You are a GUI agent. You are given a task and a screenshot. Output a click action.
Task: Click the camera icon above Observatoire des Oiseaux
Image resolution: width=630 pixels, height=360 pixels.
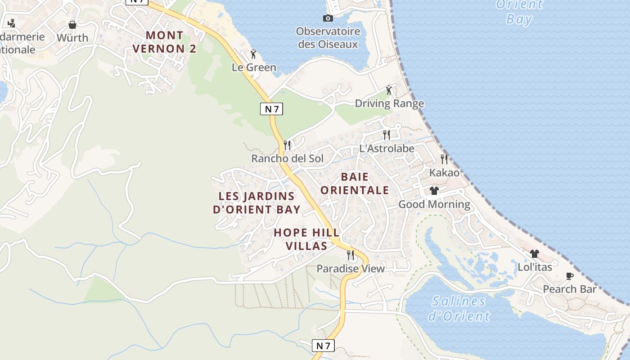coord(328,18)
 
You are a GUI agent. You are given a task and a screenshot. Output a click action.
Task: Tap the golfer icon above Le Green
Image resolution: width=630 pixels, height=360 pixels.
coord(253,54)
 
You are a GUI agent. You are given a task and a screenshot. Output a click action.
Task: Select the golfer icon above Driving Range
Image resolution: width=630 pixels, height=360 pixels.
coord(389,90)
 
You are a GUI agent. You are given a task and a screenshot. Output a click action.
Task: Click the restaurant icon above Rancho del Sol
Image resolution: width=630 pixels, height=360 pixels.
coord(287,145)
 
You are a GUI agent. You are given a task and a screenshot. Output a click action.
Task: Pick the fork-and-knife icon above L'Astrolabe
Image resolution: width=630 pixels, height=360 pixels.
coord(386,135)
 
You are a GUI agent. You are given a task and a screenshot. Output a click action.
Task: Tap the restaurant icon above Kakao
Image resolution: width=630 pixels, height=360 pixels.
coord(444,159)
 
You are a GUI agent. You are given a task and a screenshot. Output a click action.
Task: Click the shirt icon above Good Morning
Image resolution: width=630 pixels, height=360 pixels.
coord(434,191)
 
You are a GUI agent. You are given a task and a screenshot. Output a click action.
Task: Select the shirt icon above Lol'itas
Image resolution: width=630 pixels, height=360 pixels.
coord(535,254)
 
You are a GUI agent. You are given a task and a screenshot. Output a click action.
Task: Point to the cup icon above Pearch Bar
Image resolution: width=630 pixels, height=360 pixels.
coord(570,276)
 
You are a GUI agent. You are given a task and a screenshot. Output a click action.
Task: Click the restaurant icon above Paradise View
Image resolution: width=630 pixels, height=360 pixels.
coord(351,255)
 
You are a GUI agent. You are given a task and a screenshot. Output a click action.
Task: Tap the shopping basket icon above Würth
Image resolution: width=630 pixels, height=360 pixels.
coord(72,24)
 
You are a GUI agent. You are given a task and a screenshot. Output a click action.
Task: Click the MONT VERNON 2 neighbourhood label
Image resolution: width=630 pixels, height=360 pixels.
coord(165,42)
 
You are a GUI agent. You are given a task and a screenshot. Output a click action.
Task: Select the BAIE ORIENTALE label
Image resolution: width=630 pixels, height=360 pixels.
coord(355,183)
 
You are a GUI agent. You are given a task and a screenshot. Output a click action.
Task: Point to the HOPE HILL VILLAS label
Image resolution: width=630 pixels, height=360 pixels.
coord(306,239)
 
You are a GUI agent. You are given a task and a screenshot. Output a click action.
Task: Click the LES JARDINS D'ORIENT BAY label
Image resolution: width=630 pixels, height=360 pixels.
coord(256,202)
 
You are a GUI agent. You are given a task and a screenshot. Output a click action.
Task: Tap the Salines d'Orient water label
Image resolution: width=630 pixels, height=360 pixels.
coord(459,308)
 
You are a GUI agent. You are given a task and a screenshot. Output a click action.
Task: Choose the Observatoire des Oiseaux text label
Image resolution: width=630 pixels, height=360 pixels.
coord(328,38)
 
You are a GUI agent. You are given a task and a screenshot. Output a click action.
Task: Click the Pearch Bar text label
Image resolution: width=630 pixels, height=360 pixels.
coord(570,289)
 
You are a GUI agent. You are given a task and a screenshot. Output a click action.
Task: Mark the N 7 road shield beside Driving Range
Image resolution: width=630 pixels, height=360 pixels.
coord(271,108)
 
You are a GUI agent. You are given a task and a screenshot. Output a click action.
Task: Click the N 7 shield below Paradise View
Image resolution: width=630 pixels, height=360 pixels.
coord(324,346)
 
